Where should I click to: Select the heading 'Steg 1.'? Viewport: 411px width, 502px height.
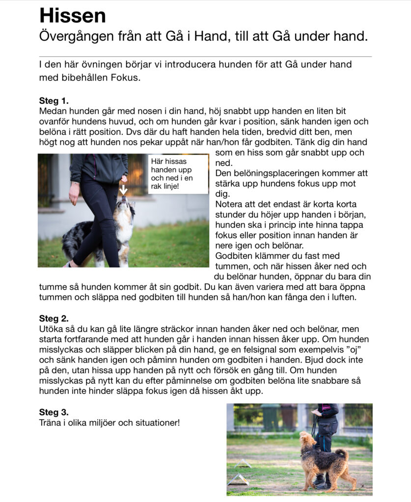pos(54,101)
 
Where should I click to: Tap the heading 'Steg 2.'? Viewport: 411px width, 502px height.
pos(54,318)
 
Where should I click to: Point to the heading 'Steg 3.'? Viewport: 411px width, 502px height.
pos(54,412)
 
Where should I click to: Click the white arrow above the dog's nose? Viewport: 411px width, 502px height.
pos(123,189)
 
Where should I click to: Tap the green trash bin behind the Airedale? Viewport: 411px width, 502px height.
pos(271,418)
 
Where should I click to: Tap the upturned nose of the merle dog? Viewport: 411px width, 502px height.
pos(124,198)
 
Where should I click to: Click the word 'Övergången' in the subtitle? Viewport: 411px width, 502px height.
pos(75,36)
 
